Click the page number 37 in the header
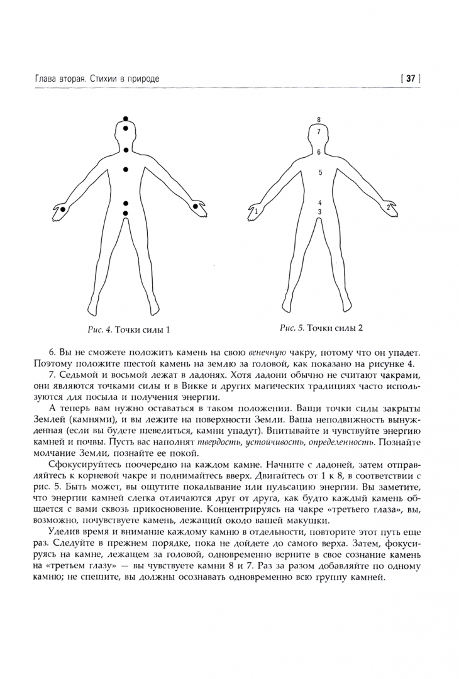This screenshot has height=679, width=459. tap(411, 79)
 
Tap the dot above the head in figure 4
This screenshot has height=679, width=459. tap(126, 119)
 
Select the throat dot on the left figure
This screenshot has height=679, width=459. tap(126, 150)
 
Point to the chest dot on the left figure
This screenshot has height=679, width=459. tap(126, 170)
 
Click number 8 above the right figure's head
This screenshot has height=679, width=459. tap(319, 119)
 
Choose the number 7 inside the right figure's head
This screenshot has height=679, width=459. tap(319, 131)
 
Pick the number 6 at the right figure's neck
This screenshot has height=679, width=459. tap(319, 152)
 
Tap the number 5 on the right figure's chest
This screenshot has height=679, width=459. tap(320, 172)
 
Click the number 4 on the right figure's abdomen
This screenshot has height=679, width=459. tap(320, 203)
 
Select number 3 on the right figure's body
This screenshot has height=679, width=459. tap(319, 213)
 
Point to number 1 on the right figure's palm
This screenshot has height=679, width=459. tap(257, 213)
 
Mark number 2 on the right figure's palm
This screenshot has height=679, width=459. tap(388, 206)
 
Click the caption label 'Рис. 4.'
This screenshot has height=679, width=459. tap(99, 329)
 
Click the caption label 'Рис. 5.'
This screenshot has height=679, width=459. tap(292, 328)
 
